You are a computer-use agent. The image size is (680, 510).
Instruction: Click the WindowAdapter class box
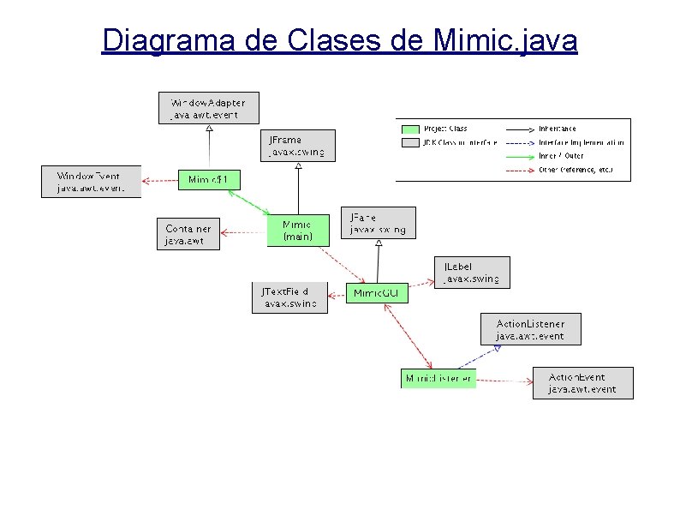tap(208, 108)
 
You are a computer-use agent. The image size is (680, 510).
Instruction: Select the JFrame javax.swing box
tap(298, 146)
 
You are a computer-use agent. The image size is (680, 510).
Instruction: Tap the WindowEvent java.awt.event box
tap(90, 182)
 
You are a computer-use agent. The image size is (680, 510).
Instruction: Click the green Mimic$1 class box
tap(209, 179)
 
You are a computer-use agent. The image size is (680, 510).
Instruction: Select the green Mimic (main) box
tap(297, 230)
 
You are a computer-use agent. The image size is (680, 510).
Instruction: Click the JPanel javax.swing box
tap(378, 223)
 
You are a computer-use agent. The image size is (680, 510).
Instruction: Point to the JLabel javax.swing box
tap(471, 273)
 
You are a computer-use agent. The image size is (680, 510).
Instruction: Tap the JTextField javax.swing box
tap(289, 297)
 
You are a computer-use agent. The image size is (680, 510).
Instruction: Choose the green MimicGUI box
tap(377, 294)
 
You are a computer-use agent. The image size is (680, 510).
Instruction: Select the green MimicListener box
tap(438, 378)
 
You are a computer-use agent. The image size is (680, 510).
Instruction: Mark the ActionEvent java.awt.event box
tap(582, 382)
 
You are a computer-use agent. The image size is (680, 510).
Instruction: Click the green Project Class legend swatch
tap(409, 129)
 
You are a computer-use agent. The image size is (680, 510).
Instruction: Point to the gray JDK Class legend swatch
tap(409, 142)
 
